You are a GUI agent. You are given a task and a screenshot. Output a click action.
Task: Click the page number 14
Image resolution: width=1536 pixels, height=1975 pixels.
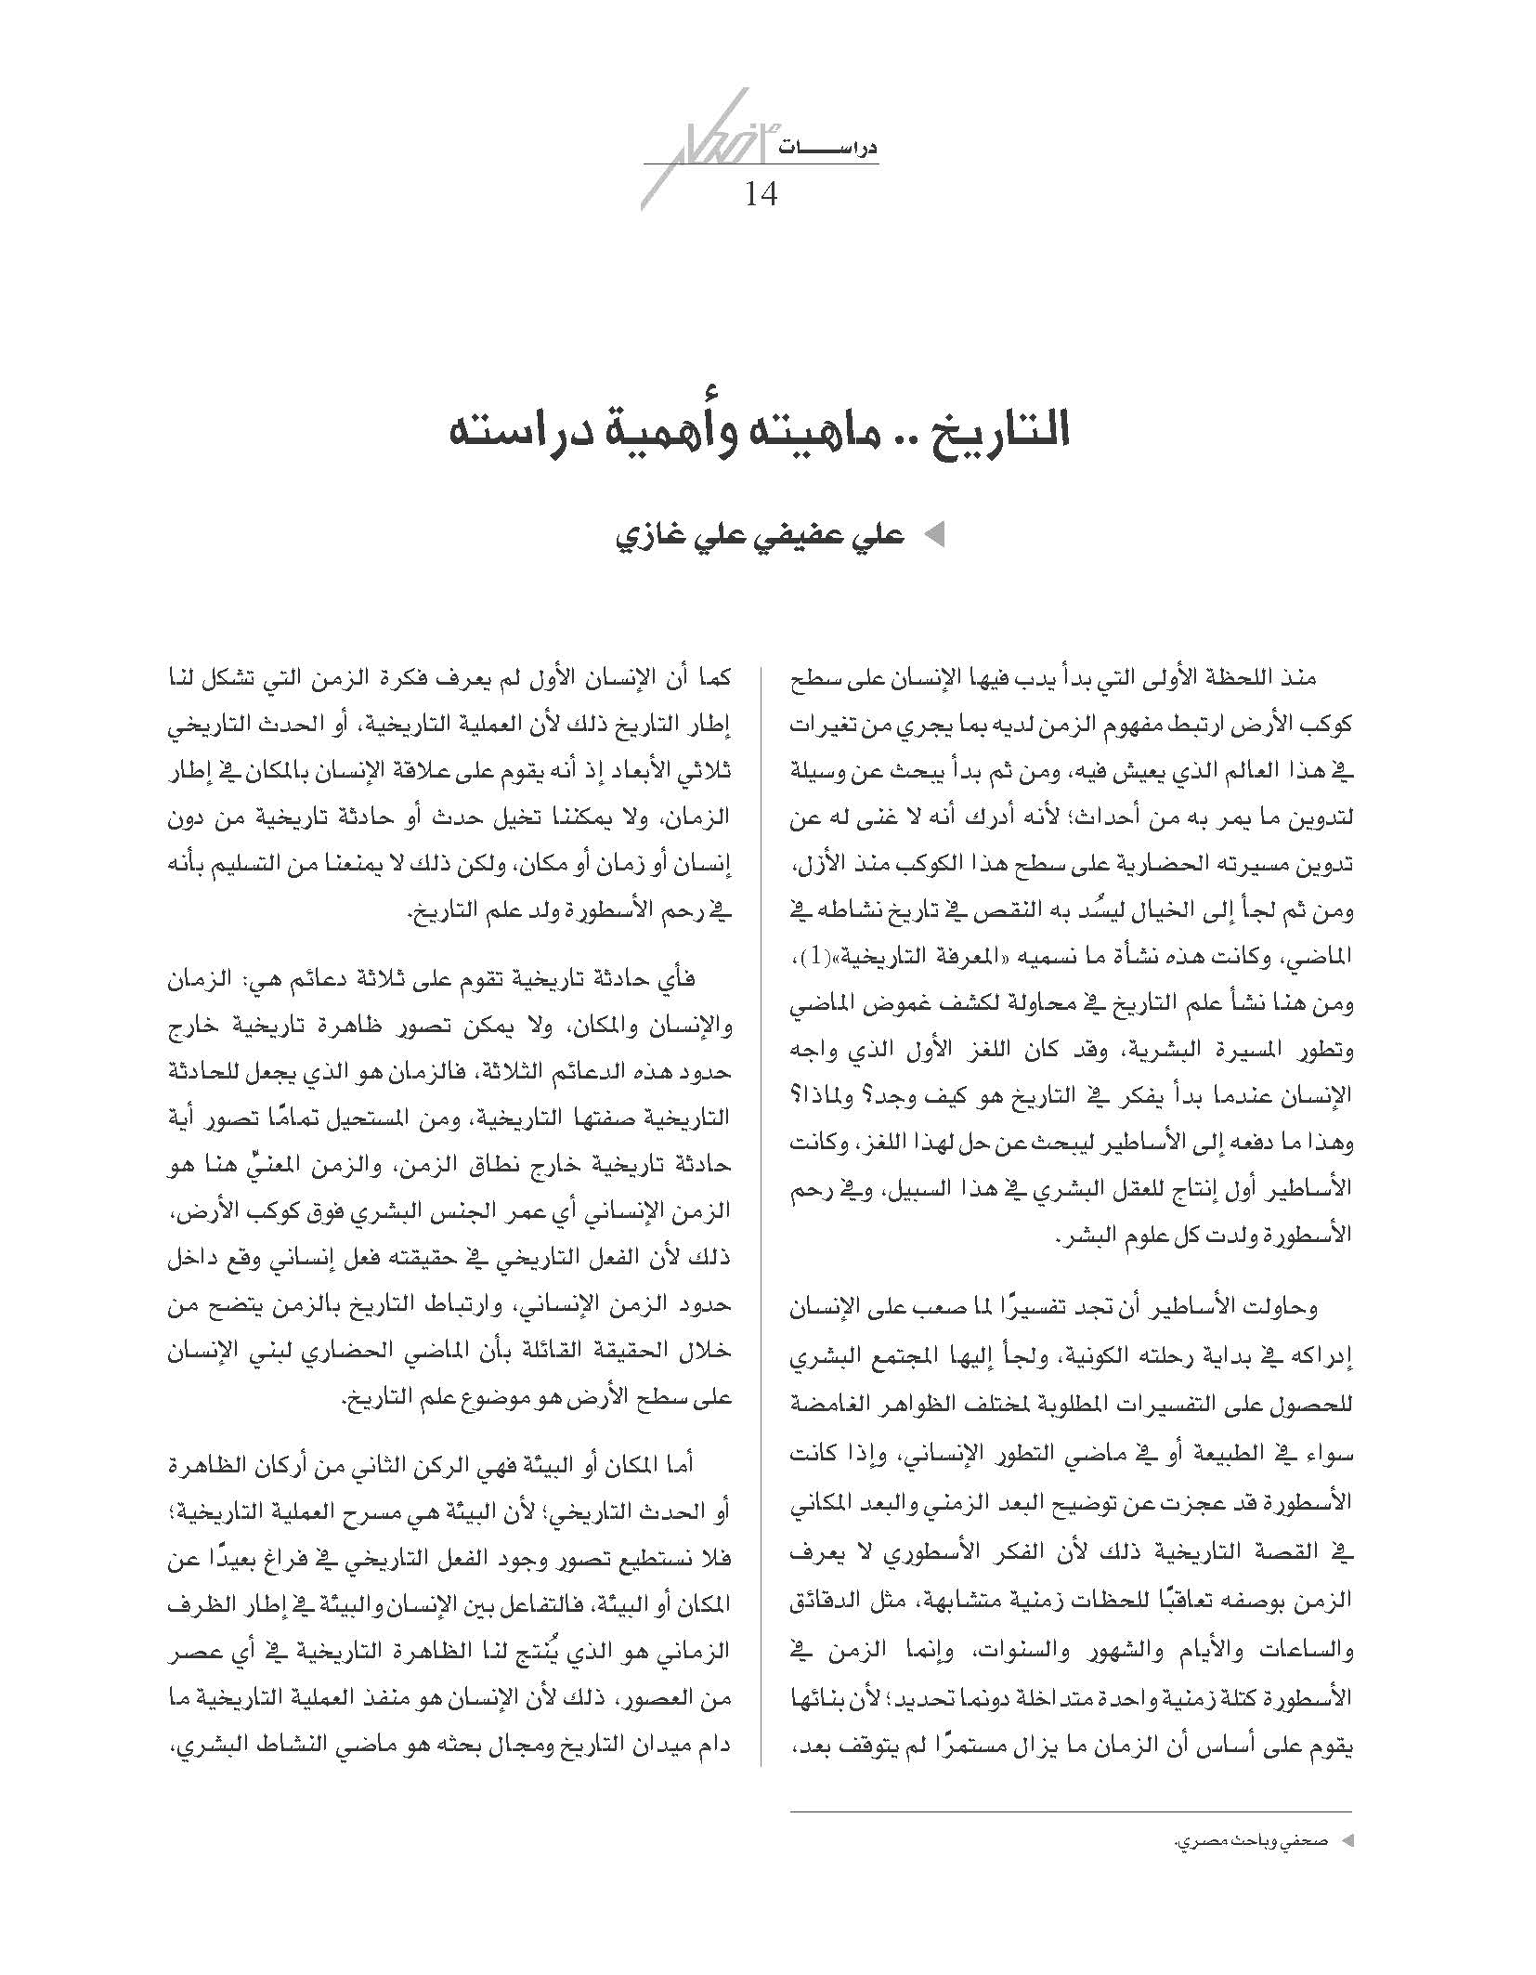[761, 194]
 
